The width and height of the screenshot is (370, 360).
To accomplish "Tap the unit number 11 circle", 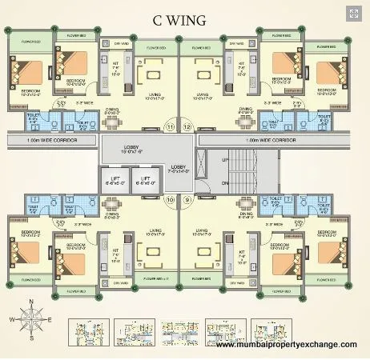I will click(169, 126).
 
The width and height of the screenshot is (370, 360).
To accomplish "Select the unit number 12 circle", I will click(187, 126).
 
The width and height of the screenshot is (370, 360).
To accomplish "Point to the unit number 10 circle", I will click(169, 199).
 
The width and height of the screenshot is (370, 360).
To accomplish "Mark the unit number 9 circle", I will click(187, 199).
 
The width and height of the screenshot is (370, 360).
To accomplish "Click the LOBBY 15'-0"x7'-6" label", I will click(131, 150).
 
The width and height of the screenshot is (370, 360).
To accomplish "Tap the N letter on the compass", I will click(30, 302).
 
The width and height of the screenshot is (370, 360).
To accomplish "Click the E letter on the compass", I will click(50, 319).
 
